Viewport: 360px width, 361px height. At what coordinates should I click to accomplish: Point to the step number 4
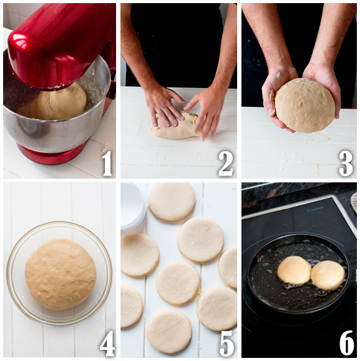pos(107,343)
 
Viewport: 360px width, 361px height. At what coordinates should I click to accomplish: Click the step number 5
pos(226,343)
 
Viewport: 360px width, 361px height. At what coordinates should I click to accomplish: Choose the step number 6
pos(346,343)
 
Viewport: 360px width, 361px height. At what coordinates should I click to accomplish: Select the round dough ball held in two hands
pos(304,105)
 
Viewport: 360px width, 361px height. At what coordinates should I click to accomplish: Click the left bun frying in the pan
pos(294,270)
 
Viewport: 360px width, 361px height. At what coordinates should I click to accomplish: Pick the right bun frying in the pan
pos(328,275)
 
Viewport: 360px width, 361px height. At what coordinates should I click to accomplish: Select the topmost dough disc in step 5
pos(171,201)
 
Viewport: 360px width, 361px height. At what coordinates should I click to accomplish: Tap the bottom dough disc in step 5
pos(169,331)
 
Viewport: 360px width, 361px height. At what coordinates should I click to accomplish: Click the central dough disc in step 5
pos(178,283)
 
